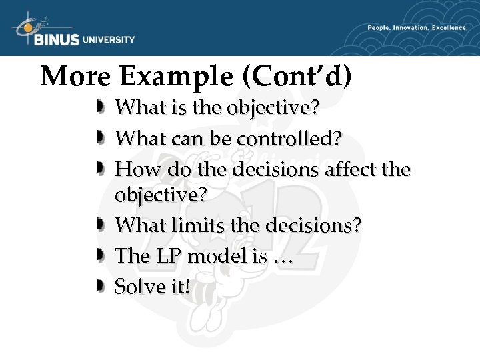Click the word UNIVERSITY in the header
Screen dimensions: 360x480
109,40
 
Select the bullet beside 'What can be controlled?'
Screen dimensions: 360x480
99,137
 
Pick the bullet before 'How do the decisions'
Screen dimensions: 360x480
99,169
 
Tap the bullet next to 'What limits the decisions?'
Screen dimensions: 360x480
99,225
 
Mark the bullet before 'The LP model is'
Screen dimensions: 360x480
99,256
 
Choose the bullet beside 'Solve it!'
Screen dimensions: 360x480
99,287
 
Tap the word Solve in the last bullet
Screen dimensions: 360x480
137,287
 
